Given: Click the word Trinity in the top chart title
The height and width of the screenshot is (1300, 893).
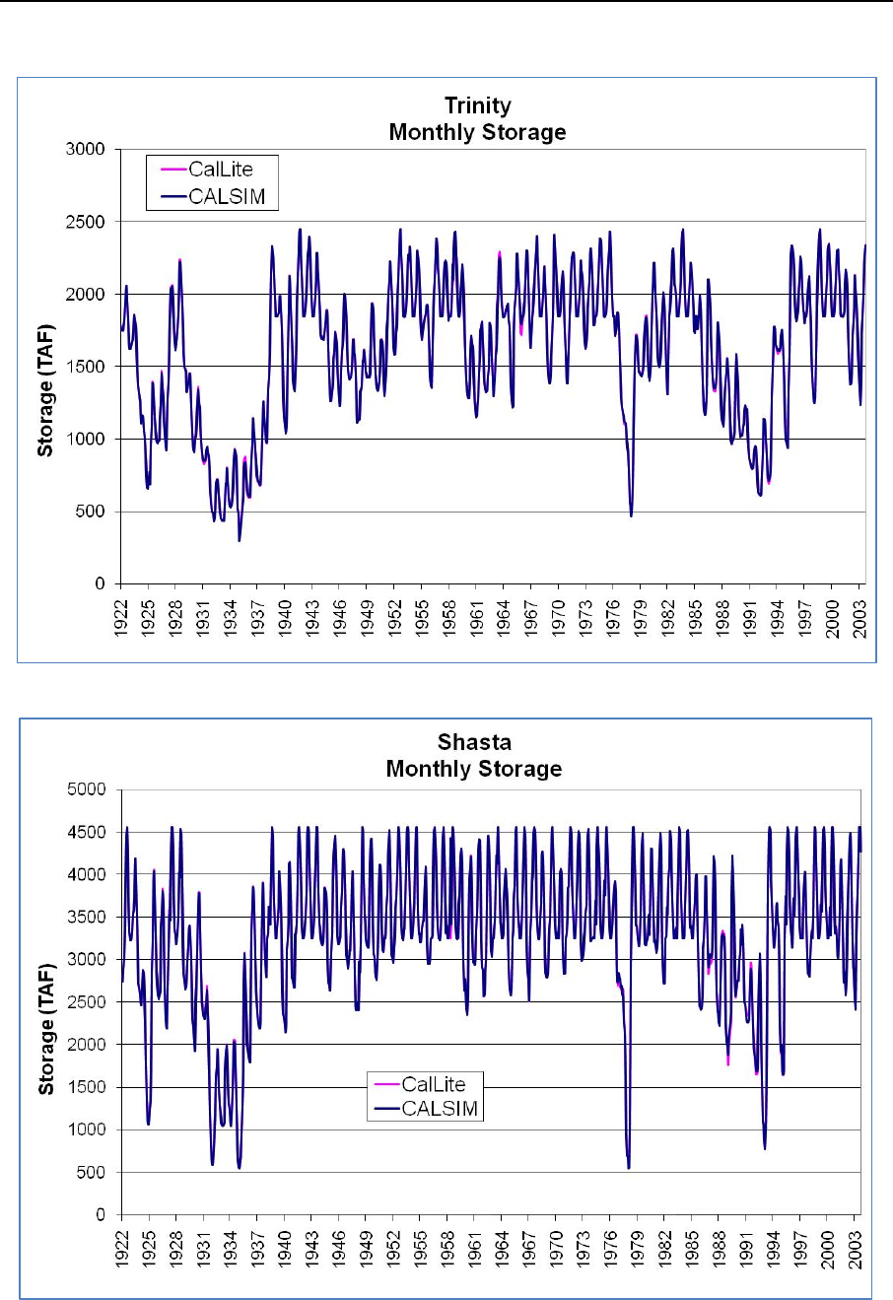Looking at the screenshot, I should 477,106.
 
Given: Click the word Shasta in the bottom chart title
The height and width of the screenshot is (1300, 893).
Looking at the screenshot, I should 474,743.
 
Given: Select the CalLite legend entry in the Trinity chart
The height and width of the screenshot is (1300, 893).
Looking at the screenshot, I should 220,170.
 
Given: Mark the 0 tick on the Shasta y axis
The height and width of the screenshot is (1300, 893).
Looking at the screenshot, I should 103,1215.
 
